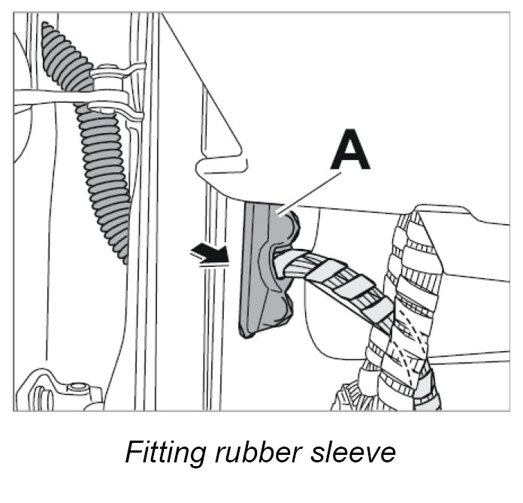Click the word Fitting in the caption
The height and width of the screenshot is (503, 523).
(x=162, y=454)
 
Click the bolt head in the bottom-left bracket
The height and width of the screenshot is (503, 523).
(x=74, y=389)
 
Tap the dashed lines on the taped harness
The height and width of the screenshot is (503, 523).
(x=410, y=331)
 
